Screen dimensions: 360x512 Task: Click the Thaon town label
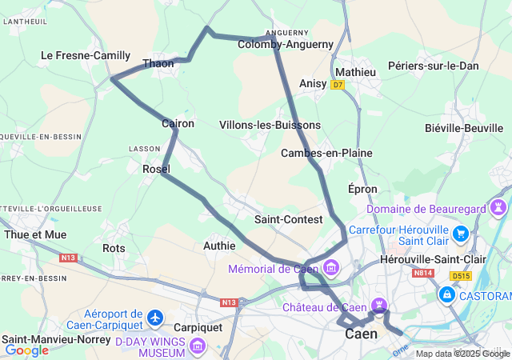(x=158, y=63)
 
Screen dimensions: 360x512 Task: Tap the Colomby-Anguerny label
(x=285, y=45)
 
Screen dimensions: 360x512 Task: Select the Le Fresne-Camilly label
(x=86, y=55)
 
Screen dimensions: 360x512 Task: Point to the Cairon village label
(x=178, y=124)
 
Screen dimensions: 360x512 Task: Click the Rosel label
(x=155, y=169)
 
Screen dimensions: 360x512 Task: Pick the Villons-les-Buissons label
(x=270, y=125)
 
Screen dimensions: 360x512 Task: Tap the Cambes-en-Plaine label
(x=316, y=153)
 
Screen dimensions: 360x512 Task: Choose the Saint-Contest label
(x=288, y=219)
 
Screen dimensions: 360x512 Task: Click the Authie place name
(x=219, y=246)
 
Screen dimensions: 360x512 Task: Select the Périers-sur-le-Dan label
(x=433, y=66)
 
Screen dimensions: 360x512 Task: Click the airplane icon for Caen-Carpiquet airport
(x=155, y=320)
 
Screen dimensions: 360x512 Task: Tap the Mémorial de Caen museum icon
(x=331, y=268)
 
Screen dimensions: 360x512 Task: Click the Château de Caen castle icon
(x=380, y=305)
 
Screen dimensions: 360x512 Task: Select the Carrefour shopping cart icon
(x=461, y=234)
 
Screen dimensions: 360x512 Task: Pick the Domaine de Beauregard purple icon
(x=499, y=208)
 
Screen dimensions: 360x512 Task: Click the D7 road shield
(x=338, y=84)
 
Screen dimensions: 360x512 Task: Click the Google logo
(x=27, y=350)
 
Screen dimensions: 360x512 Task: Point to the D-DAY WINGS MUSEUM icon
(x=198, y=346)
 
